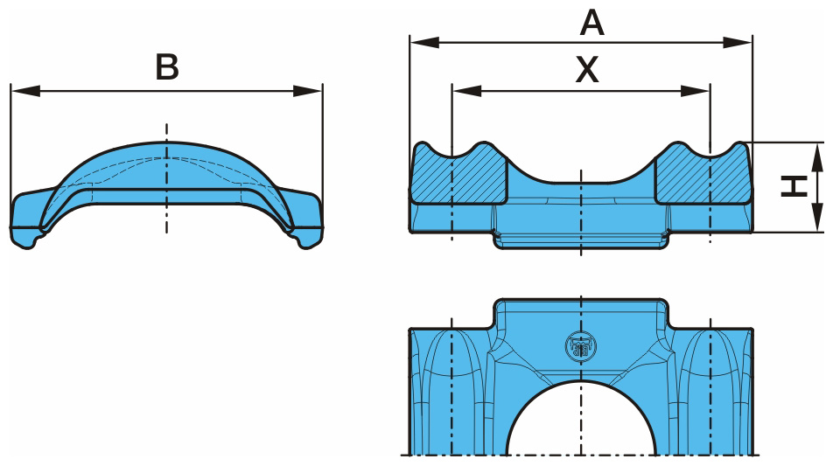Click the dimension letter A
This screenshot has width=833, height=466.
point(591,24)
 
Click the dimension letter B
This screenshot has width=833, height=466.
point(167,67)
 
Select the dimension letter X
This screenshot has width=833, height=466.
point(587,70)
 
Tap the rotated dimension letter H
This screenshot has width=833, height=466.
point(794,187)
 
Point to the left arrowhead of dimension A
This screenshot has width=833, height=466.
point(424,43)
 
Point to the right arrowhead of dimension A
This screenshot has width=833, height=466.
point(738,43)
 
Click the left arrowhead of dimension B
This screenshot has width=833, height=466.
point(25,91)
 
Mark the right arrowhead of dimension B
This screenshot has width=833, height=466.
point(308,91)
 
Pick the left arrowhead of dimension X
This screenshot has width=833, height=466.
point(467,91)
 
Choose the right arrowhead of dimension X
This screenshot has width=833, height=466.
point(695,91)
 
